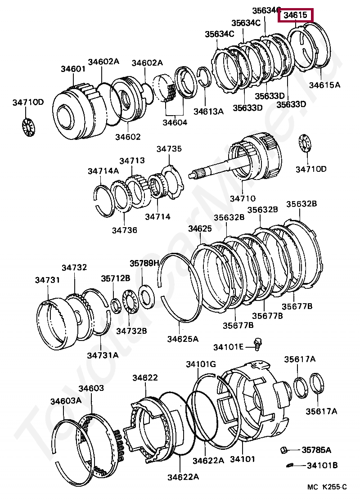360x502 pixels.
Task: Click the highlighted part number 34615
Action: coord(296,15)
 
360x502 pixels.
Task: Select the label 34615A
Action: coord(324,84)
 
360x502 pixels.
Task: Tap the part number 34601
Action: coord(73,69)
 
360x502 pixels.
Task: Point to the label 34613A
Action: coord(208,111)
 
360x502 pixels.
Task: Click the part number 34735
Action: coord(169,149)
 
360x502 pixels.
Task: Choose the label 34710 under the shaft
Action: coord(243,198)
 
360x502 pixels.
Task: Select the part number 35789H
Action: coord(144,263)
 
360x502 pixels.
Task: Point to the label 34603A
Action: coord(66,401)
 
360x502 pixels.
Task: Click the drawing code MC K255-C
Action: coord(327,487)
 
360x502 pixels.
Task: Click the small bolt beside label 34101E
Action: coord(258,344)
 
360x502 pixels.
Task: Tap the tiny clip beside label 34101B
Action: coord(291,465)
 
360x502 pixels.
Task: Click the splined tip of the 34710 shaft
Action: coord(198,174)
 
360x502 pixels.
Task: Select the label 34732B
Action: coord(131,331)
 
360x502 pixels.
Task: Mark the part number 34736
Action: coord(124,230)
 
